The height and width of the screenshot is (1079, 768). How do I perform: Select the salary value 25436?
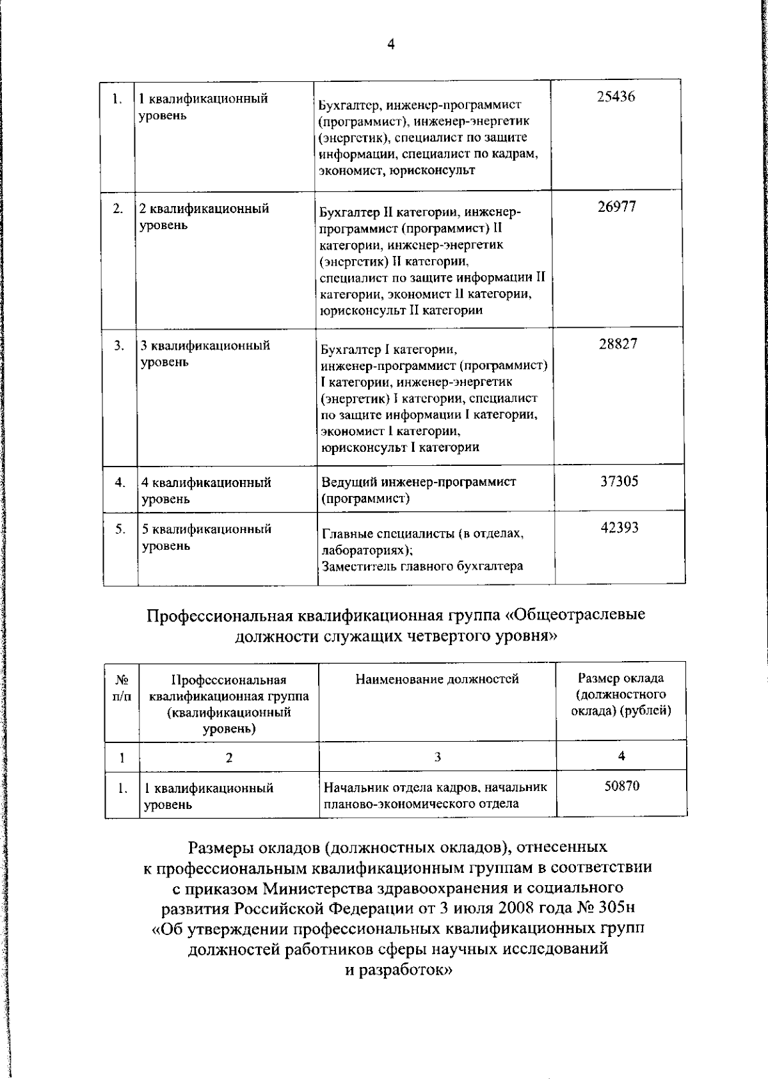coord(616,97)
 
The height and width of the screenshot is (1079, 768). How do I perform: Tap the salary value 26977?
coord(617,207)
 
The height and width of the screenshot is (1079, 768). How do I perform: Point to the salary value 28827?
coord(618,344)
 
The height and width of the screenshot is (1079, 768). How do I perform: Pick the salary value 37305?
coord(619,481)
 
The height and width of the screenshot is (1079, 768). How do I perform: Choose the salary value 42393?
coord(620,528)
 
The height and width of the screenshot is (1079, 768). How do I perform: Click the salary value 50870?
coord(621,786)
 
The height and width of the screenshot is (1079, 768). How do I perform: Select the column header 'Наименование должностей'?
coord(437,679)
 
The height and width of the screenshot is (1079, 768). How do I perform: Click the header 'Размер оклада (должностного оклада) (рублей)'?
coord(621,694)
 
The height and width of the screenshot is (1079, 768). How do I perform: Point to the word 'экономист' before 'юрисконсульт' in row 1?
coord(348,170)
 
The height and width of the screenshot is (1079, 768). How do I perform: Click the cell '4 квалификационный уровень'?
coord(206,490)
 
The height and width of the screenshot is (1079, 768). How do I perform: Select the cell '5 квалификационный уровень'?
coord(206,537)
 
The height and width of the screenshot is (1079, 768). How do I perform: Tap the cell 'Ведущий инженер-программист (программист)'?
coord(419,490)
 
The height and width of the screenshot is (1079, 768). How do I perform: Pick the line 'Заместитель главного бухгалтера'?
coord(422,566)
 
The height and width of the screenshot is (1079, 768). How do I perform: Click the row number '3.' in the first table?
coord(120,346)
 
